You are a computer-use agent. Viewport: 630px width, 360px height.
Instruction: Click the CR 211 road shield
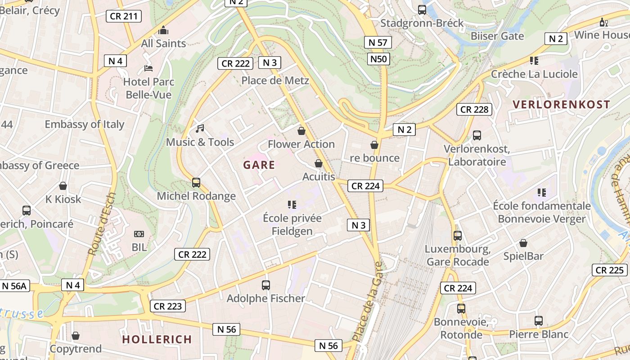124,17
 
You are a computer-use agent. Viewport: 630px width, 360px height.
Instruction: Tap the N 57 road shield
378,43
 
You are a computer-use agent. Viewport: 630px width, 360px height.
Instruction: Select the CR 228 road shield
474,109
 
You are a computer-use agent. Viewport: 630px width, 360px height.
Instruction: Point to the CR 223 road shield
167,306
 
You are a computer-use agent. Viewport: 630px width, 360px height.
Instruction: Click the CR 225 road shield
609,270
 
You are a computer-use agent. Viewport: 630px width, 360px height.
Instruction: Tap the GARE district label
259,165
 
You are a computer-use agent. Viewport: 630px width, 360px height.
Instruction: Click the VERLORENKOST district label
561,105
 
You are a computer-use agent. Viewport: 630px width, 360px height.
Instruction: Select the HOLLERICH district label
157,339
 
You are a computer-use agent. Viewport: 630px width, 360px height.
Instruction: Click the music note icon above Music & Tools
200,129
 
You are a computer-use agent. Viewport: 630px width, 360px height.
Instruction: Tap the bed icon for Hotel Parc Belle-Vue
148,68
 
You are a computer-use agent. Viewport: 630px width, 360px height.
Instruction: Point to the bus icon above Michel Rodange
196,183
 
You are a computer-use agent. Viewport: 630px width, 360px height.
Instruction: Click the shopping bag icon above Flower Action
301,131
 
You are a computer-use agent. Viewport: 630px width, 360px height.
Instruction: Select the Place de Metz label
275,81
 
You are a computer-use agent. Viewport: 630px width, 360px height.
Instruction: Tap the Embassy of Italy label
84,124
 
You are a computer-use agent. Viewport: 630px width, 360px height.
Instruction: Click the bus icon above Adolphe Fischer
266,285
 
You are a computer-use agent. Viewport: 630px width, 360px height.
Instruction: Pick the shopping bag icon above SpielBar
523,243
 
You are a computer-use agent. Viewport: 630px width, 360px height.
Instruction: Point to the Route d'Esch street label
103,224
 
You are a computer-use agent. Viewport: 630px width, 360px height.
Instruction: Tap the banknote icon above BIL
139,234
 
